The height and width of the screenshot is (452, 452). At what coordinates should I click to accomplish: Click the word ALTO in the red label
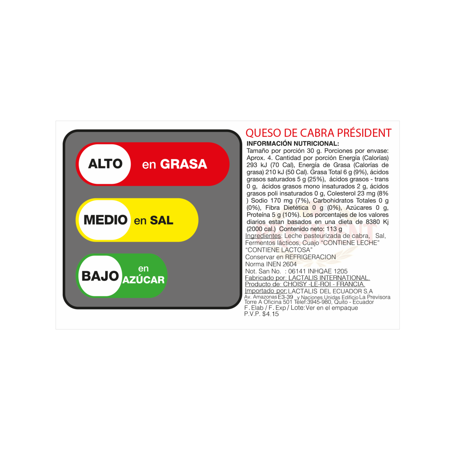[105, 164]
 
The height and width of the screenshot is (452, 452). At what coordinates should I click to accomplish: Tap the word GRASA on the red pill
[184, 164]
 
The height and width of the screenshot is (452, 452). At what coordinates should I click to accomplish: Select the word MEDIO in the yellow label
[105, 220]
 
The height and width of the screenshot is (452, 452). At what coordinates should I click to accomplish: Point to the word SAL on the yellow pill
[162, 221]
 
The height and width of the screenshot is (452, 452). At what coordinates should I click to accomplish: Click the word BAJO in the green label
[100, 276]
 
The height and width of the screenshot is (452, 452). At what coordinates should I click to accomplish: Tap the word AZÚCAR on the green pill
[143, 280]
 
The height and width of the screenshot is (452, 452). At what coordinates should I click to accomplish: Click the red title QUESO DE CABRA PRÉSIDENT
[318, 133]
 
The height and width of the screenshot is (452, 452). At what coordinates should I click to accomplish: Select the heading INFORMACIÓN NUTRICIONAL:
[293, 144]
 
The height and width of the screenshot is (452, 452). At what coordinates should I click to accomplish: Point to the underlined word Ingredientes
[263, 236]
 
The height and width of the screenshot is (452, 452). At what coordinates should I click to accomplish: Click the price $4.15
[270, 314]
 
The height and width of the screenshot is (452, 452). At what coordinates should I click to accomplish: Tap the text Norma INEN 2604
[271, 264]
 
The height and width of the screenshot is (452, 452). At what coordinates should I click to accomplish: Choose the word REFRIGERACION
[310, 257]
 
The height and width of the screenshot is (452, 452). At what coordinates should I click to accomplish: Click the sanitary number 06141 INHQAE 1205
[318, 271]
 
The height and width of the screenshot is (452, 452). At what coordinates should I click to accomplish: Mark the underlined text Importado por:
[266, 291]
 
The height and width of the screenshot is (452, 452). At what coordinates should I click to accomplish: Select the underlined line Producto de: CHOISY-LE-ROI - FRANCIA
[305, 284]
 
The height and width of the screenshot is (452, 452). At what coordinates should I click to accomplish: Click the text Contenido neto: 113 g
[310, 229]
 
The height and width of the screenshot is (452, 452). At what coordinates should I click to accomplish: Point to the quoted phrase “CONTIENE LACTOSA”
[279, 250]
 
